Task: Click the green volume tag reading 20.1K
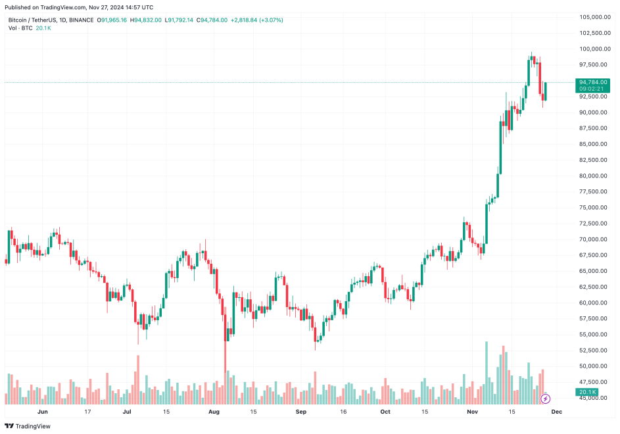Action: tap(587, 393)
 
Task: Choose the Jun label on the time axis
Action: tap(43, 412)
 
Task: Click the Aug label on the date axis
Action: tap(213, 412)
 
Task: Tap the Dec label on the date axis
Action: tap(556, 412)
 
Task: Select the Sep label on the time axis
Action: tap(300, 412)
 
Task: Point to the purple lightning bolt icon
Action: tap(546, 398)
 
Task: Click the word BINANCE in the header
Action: tap(81, 20)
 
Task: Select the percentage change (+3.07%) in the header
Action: tap(270, 20)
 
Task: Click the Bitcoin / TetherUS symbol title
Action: tap(32, 20)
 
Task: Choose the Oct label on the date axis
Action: tap(385, 412)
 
